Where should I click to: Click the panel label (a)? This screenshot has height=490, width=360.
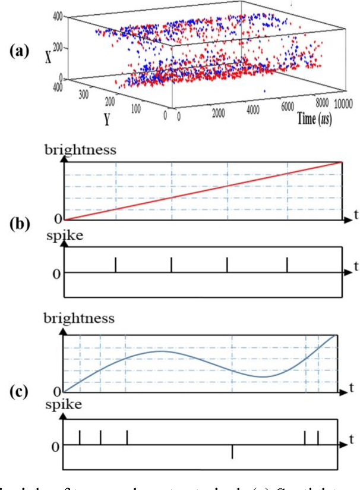(x=18, y=52)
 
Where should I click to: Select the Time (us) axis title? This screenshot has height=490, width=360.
(x=313, y=118)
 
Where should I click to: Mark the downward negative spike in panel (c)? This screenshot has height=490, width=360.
(x=232, y=452)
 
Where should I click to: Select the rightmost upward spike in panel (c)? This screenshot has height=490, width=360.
(x=318, y=437)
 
